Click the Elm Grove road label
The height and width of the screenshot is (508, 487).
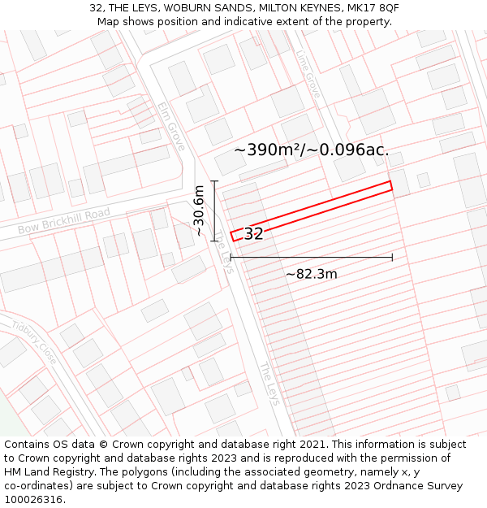coord(172,126)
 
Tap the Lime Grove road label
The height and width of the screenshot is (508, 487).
coord(309,74)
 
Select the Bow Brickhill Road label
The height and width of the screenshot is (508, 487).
coord(63,221)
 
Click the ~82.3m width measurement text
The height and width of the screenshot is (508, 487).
coord(311,274)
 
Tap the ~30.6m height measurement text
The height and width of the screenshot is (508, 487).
coord(199,211)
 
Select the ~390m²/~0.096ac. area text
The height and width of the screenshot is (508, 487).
coord(312,150)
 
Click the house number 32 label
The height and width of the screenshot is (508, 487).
coord(253,234)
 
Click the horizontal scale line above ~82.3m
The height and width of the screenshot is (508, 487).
coord(312,258)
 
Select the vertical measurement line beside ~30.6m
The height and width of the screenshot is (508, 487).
coord(214,211)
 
